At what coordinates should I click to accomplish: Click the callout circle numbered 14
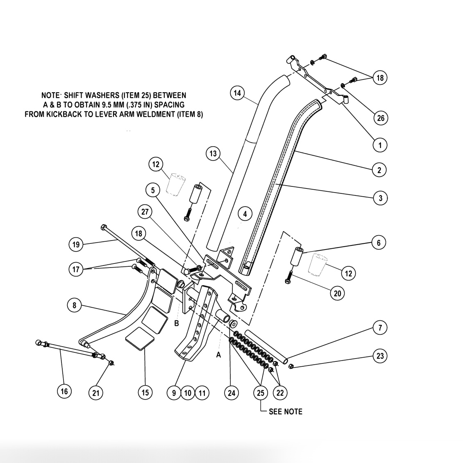pyautogui.click(x=237, y=93)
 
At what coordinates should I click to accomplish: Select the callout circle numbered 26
pyautogui.click(x=381, y=118)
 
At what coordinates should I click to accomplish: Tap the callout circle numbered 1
pyautogui.click(x=380, y=145)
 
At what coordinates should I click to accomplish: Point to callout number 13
pyautogui.click(x=213, y=154)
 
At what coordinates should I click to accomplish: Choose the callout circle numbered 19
pyautogui.click(x=76, y=245)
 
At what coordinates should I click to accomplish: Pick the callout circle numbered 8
pyautogui.click(x=74, y=305)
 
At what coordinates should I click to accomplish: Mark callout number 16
pyautogui.click(x=64, y=391)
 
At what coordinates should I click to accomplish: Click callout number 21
pyautogui.click(x=95, y=393)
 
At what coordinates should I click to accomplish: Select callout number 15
pyautogui.click(x=145, y=393)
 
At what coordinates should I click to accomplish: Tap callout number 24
pyautogui.click(x=231, y=393)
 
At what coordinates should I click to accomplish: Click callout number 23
pyautogui.click(x=380, y=356)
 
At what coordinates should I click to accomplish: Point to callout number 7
pyautogui.click(x=380, y=328)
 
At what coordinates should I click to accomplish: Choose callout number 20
pyautogui.click(x=338, y=293)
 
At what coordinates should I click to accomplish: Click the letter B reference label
pyautogui.click(x=177, y=323)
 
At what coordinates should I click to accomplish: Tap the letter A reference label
pyautogui.click(x=218, y=354)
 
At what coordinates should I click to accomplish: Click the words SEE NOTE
pyautogui.click(x=286, y=411)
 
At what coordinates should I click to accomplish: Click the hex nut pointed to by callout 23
pyautogui.click(x=291, y=365)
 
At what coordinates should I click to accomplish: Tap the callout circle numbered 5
pyautogui.click(x=153, y=190)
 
